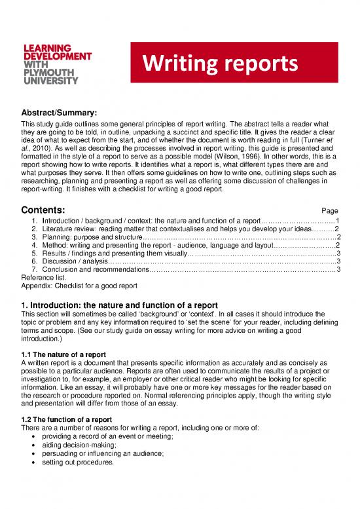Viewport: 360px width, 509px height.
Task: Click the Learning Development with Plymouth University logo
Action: (58, 66)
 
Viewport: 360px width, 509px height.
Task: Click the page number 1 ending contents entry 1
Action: (336, 221)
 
